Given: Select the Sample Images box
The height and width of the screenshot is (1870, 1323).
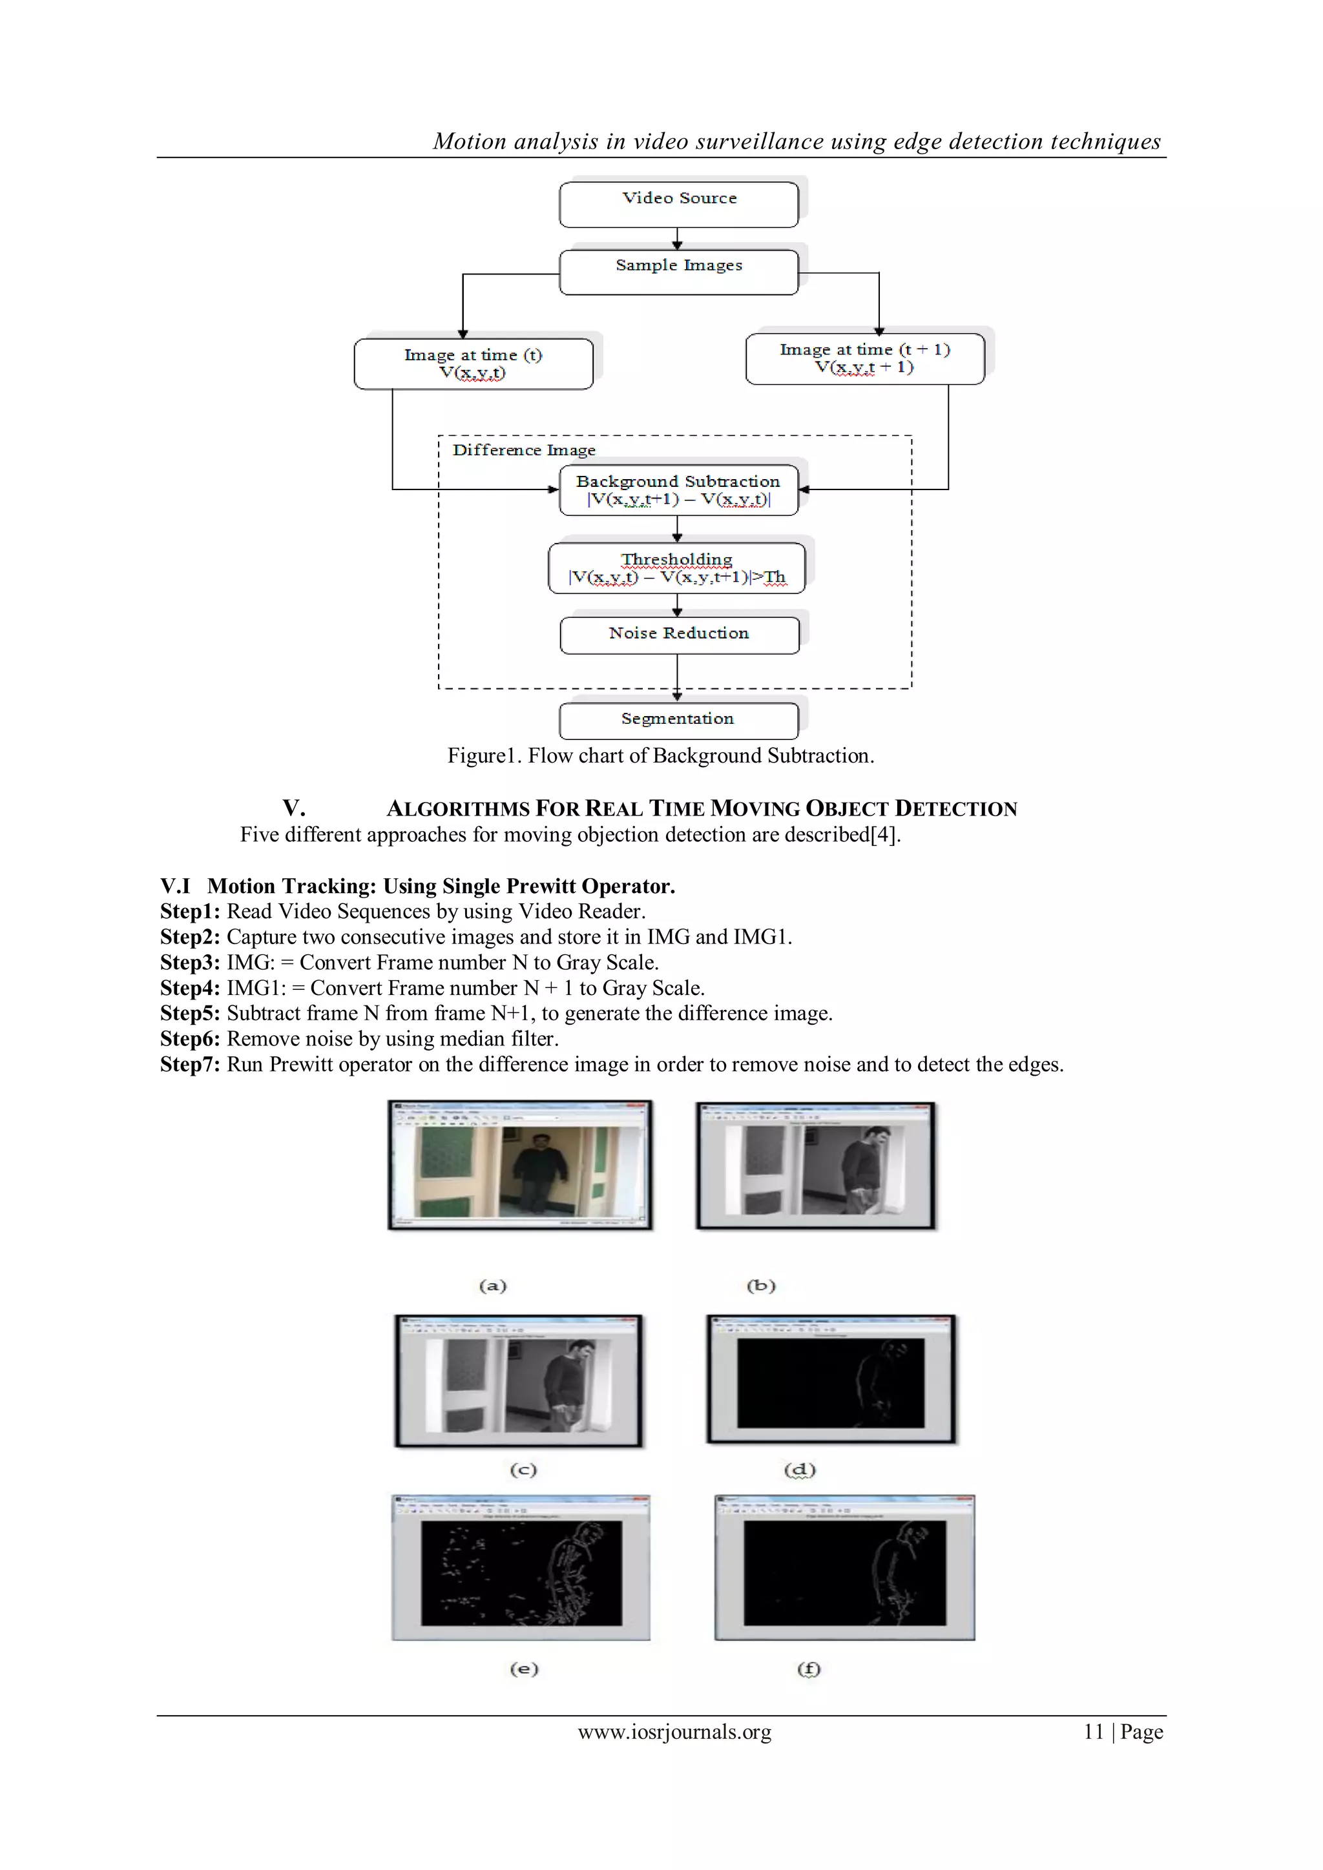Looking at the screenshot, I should tap(678, 271).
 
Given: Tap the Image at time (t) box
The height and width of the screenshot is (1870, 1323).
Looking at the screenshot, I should tap(474, 364).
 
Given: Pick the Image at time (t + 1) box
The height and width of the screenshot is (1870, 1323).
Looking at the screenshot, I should tap(864, 358).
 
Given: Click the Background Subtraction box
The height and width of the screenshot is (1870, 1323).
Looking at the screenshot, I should tap(678, 490).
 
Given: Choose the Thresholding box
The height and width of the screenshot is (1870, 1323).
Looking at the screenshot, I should tap(677, 568).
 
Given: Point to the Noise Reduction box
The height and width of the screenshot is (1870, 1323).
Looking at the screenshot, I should tap(678, 635).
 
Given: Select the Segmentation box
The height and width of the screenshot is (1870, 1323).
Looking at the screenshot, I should tap(678, 720).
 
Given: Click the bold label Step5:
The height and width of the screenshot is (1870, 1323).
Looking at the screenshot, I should tap(190, 1013).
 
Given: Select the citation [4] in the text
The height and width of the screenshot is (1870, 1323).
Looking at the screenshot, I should tap(882, 835).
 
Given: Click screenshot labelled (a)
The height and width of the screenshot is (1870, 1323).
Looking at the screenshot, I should tap(520, 1166).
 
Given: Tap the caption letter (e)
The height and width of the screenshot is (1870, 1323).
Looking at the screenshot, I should tap(524, 1669).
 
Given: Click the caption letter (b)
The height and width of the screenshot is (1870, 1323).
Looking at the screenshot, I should tap(761, 1286).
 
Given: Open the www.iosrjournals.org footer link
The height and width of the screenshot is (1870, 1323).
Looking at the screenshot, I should tap(674, 1732).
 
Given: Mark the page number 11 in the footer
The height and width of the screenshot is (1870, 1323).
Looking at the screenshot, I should tap(1093, 1732).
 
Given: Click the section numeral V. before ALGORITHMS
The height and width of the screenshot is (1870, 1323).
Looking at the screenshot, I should tap(294, 808).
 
